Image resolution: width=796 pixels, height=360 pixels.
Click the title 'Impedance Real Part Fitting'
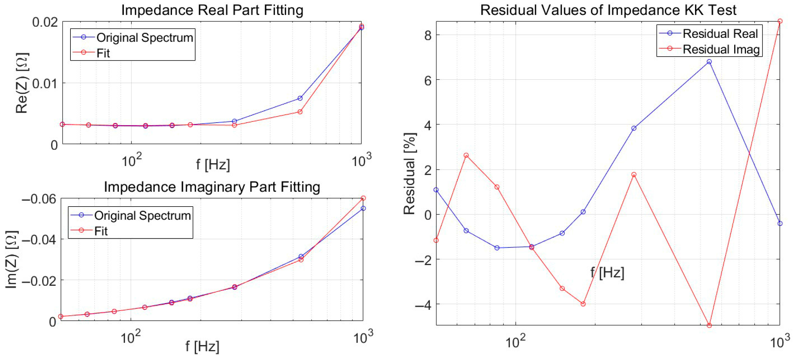tap(212, 10)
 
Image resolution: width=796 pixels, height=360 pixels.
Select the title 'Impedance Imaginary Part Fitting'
tap(212, 187)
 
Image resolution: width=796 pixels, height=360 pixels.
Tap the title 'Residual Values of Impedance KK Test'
tap(608, 10)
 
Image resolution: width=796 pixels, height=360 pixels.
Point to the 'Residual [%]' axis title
tap(409, 174)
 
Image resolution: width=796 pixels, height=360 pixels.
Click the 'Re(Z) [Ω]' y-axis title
tap(22, 83)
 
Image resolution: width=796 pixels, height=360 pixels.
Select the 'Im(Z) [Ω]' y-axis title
tap(11, 260)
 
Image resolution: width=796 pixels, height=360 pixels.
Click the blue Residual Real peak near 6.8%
tap(709, 62)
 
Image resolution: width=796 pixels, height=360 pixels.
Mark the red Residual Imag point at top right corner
tap(780, 21)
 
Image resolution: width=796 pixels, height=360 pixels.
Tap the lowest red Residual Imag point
tap(709, 325)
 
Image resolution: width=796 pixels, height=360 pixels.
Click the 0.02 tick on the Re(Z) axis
tap(45, 22)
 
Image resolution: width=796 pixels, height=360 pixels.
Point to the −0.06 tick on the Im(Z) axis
tap(39, 199)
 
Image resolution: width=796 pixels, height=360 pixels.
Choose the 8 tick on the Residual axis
tap(428, 35)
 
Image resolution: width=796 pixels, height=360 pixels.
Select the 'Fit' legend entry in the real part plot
tap(103, 53)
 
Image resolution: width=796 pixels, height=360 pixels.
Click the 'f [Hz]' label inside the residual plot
tap(607, 273)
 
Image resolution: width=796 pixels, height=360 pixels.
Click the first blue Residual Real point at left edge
tap(436, 190)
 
